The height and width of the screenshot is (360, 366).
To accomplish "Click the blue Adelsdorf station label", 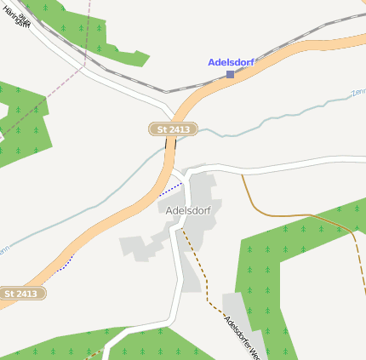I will coord(231,62).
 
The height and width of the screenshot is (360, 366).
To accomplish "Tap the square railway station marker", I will coord(230,75).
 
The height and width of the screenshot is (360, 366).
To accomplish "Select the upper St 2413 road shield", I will coord(174,129).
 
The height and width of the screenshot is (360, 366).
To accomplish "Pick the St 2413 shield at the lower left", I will coord(21,294).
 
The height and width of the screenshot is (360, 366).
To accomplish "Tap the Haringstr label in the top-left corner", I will coord(16,17).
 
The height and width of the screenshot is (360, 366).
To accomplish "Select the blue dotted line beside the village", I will coord(171,188).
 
